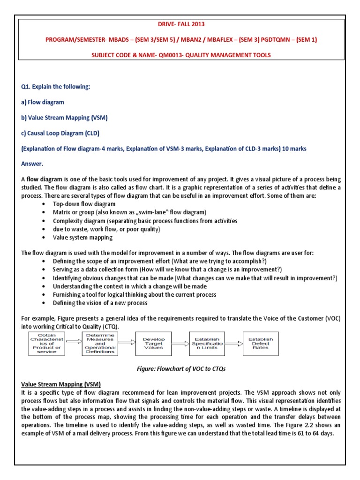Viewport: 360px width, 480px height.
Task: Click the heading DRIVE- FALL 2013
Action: click(x=180, y=24)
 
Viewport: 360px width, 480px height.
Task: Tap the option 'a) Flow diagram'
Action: click(x=43, y=102)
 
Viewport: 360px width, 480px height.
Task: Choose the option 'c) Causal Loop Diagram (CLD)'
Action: click(x=60, y=133)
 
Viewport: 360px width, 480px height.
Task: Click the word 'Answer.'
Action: click(x=32, y=164)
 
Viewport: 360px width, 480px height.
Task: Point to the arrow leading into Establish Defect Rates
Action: click(x=234, y=342)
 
